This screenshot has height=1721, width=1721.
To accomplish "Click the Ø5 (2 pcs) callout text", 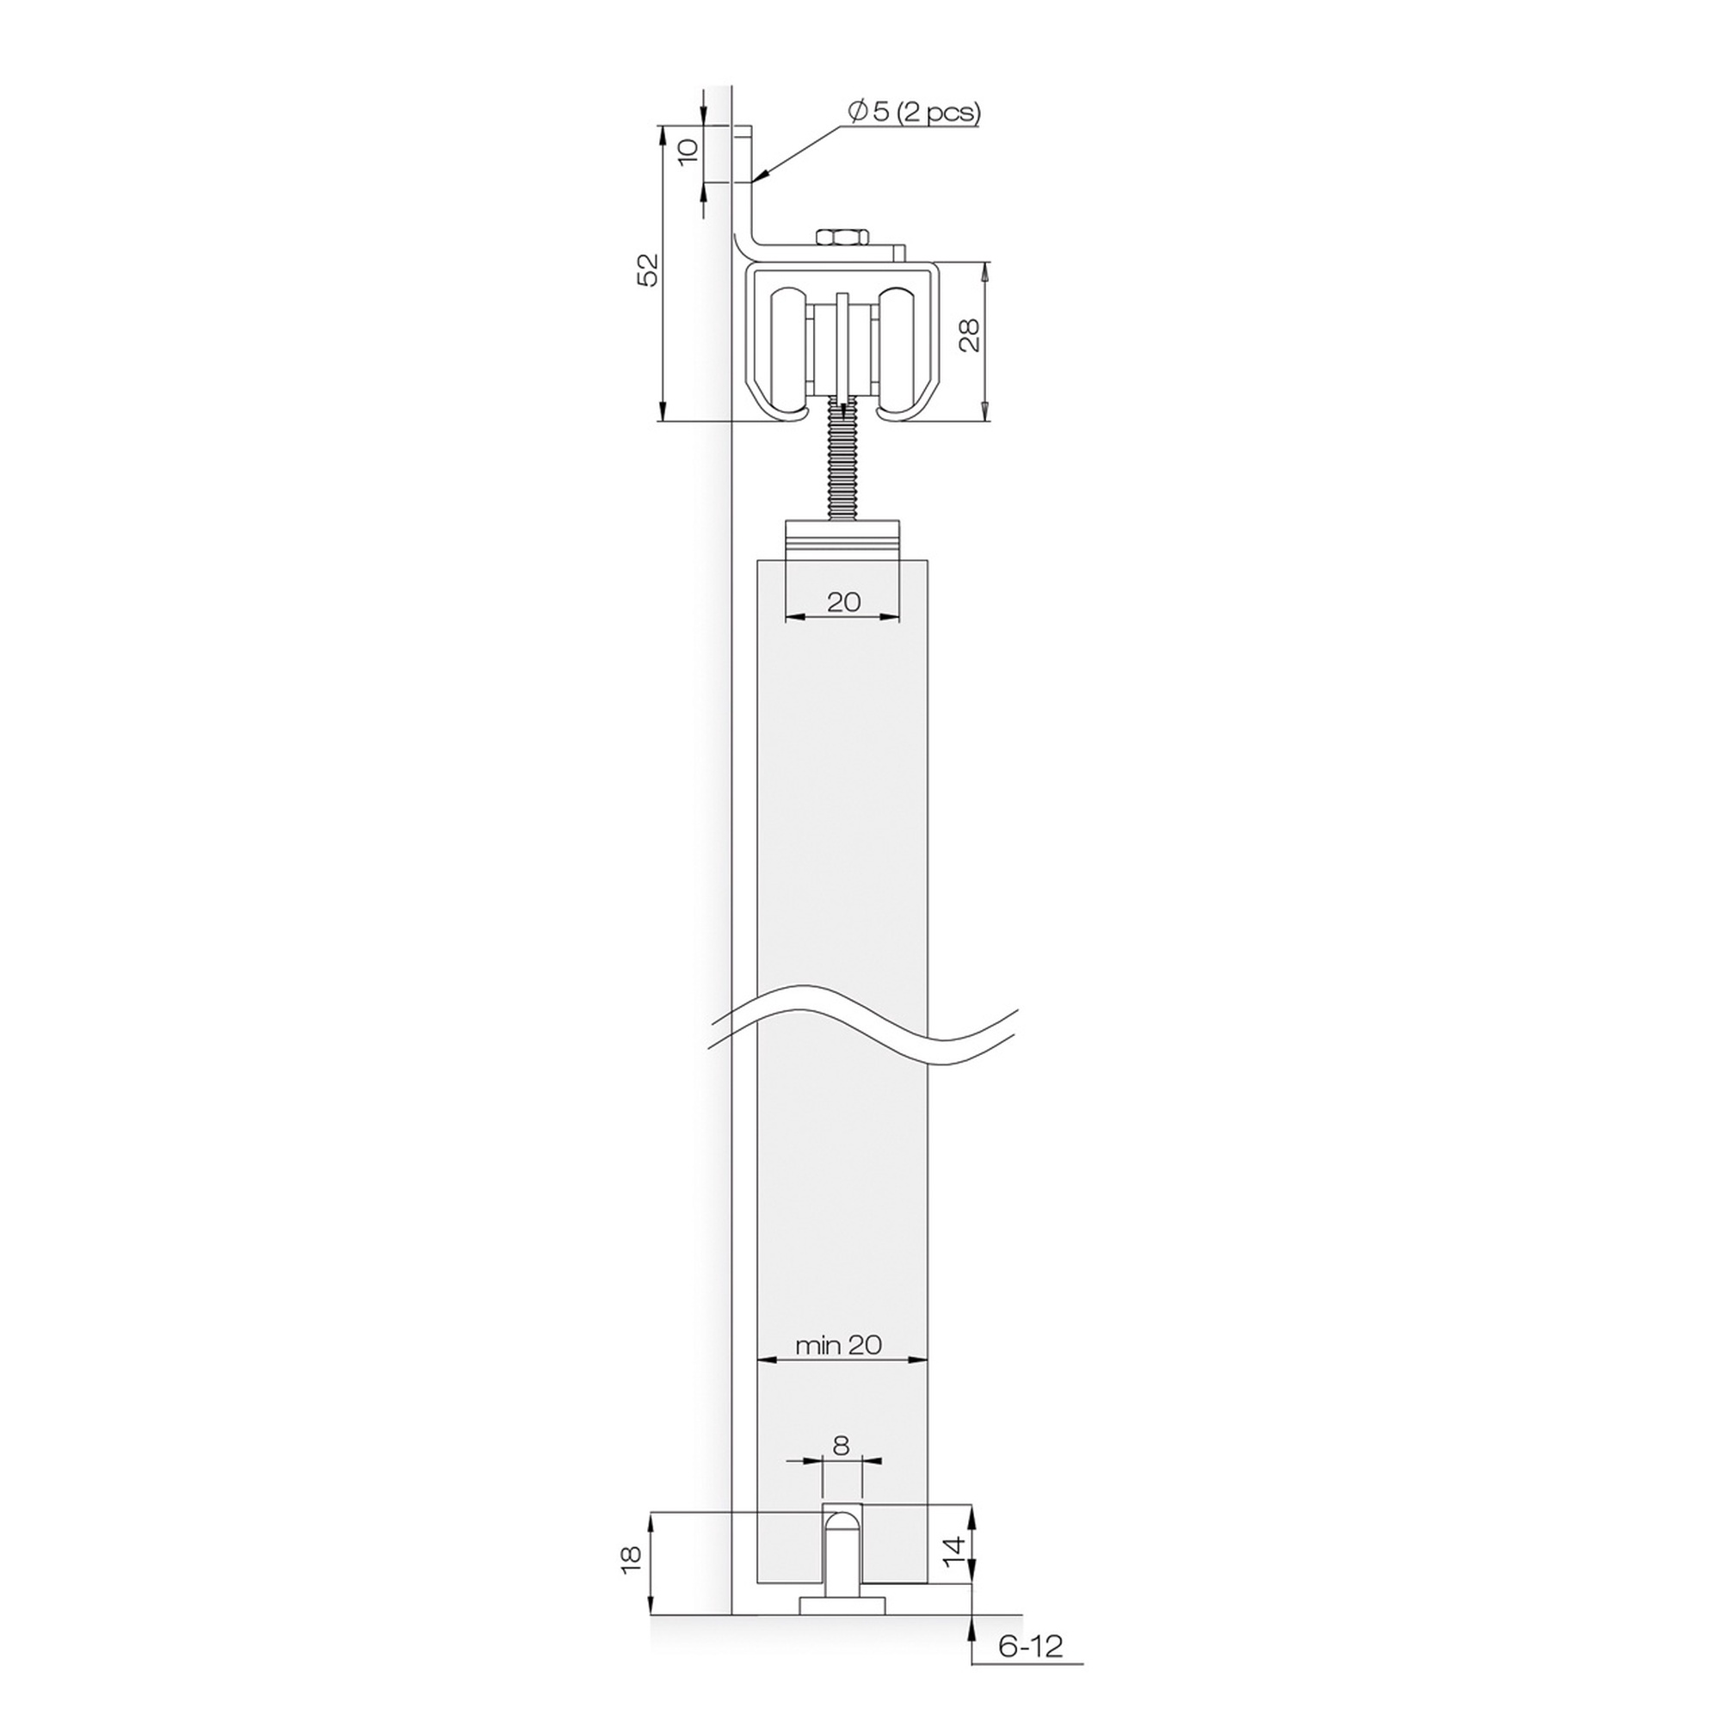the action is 914,112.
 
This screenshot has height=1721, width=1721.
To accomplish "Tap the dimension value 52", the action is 651,270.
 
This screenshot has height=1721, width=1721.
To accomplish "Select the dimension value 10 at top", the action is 688,152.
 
